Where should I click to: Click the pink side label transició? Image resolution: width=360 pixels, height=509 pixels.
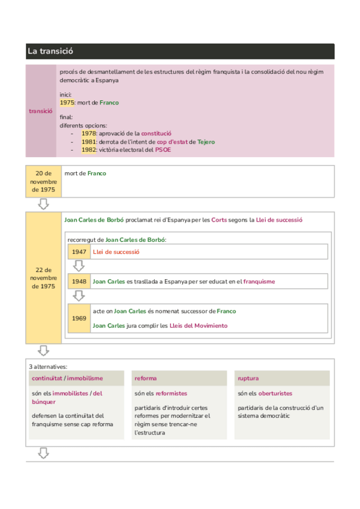[x=41, y=110]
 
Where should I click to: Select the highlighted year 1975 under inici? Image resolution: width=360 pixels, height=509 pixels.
[x=67, y=103]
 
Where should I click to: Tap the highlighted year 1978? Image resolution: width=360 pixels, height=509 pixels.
[x=89, y=133]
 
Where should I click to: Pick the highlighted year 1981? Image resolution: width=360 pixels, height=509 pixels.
[x=89, y=142]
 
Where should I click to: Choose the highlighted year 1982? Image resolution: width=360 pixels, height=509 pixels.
[x=89, y=150]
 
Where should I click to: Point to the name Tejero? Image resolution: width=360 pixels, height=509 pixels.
[x=206, y=142]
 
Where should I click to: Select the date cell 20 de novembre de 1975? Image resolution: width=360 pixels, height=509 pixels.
[x=44, y=181]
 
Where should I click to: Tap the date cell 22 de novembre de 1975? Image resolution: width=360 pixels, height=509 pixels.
[x=44, y=278]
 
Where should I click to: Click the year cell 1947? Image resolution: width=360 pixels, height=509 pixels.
[x=79, y=252]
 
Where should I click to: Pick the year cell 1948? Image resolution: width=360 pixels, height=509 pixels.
[x=79, y=281]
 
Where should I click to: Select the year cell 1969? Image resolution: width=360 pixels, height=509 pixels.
[x=79, y=318]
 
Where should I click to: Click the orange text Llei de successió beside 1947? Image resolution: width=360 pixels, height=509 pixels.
[x=116, y=252]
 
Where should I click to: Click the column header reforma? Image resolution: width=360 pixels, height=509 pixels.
[x=146, y=378]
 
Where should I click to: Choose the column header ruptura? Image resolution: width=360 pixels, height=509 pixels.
[x=249, y=378]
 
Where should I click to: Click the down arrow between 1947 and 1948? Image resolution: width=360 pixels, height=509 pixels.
[x=79, y=266]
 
